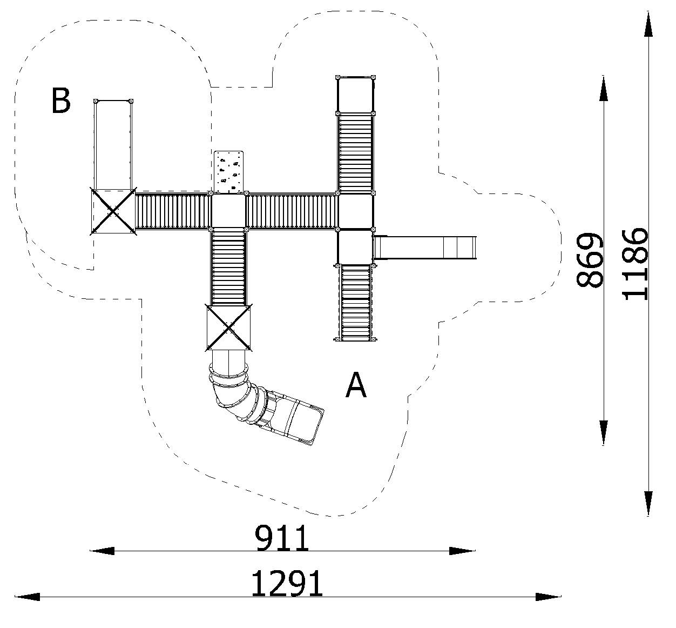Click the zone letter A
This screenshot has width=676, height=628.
(x=356, y=385)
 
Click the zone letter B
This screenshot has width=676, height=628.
(x=60, y=101)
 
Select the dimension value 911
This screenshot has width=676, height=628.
(x=282, y=538)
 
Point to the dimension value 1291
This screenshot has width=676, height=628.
(x=287, y=584)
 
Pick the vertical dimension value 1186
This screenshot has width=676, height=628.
(x=634, y=264)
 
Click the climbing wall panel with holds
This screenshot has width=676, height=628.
(x=229, y=171)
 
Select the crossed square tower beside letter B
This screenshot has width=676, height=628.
(x=112, y=211)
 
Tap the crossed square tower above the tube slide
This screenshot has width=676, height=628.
(x=229, y=328)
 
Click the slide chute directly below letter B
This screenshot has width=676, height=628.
(x=113, y=144)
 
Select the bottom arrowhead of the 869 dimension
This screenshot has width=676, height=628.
(x=603, y=432)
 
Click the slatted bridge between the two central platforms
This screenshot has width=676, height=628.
(x=292, y=211)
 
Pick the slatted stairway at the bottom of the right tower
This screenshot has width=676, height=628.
(x=355, y=303)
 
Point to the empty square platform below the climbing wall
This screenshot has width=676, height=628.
(x=228, y=211)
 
